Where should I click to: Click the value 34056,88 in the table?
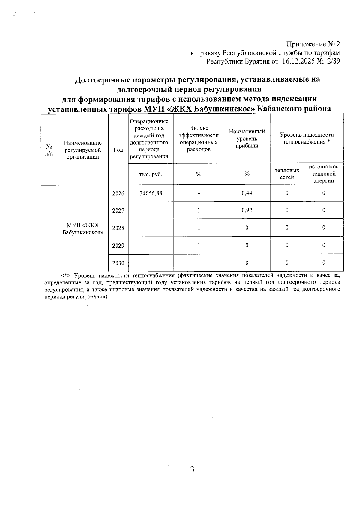[151, 193]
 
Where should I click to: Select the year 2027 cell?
[118, 210]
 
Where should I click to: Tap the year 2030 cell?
[118, 263]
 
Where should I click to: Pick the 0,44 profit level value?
[247, 193]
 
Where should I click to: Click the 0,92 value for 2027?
[247, 210]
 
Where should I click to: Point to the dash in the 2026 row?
[199, 194]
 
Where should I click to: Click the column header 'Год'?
[118, 150]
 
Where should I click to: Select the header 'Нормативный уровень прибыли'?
[247, 138]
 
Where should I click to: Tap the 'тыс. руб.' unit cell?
[151, 174]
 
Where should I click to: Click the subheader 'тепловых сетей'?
[287, 174]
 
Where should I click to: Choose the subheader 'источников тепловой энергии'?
[324, 174]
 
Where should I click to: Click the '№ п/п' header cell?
[49, 150]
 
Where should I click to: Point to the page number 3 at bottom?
[192, 469]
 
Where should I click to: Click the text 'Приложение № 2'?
[313, 44]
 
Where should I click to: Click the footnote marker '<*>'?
[66, 275]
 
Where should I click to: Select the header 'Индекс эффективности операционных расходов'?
[199, 138]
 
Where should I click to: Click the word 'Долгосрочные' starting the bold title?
[103, 79]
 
